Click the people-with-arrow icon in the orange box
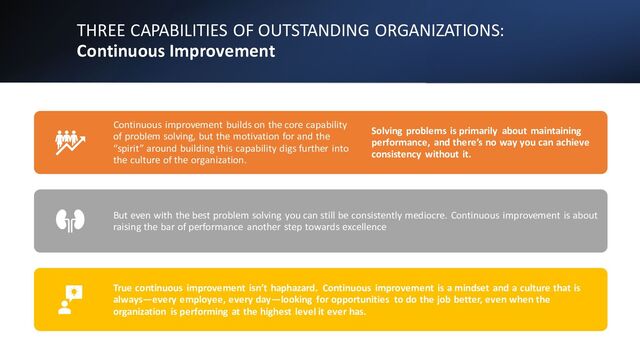70,142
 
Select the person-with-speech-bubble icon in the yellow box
69,299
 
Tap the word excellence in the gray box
361,227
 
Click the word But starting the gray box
122,215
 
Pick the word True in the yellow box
124,287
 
